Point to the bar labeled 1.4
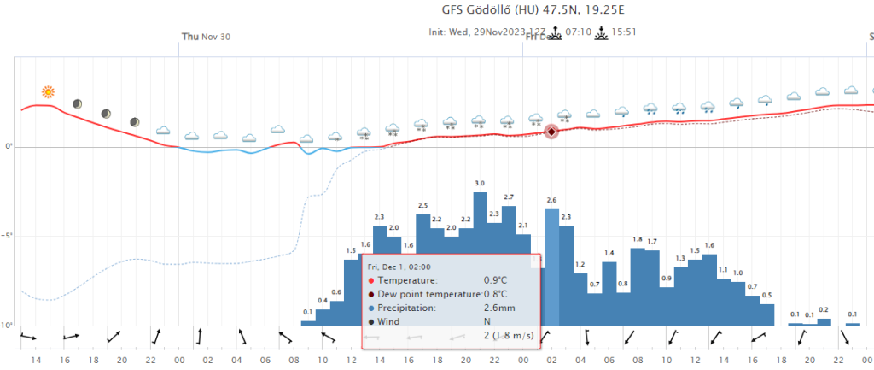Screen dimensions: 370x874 pos(609,291)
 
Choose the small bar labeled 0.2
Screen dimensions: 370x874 pos(824,321)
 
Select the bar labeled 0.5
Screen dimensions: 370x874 pos(766,314)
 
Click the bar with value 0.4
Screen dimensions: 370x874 pos(323,316)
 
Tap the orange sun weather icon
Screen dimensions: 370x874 pos(49,92)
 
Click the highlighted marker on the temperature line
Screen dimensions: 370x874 pos(551,132)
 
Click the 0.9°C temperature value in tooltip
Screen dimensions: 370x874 pos(496,280)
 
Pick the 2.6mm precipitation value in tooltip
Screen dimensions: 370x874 pos(499,308)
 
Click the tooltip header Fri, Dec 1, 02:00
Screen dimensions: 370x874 pos(399,266)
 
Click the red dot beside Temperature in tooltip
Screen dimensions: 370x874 pos(370,280)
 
